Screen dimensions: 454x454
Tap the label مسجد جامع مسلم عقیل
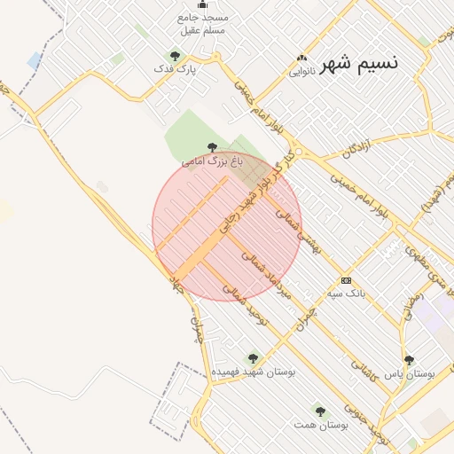coord(203,24)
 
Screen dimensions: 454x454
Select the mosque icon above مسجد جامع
coord(202,4)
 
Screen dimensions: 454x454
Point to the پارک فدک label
coord(174,69)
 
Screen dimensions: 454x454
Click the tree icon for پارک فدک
coord(175,56)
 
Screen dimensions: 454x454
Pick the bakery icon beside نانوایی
coord(303,59)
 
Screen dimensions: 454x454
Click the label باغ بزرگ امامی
coord(212,161)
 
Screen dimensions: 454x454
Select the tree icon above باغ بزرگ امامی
coord(211,147)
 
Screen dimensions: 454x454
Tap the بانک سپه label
coord(347,292)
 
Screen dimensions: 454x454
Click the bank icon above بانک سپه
coord(345,279)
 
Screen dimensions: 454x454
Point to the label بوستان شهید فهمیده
coord(253,372)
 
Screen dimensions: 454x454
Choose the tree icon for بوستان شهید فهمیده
coord(253,358)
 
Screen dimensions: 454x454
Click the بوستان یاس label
coord(409,374)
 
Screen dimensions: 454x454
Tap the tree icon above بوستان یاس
coord(409,360)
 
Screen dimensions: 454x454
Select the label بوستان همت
coord(321,425)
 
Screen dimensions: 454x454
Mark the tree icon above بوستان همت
coord(320,411)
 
